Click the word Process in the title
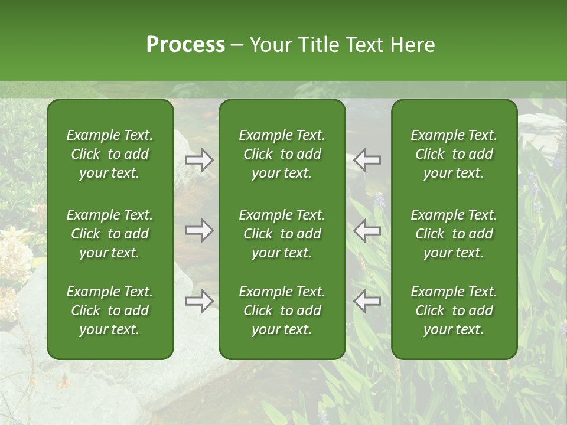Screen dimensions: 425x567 click(185, 45)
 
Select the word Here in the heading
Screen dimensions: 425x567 click(413, 45)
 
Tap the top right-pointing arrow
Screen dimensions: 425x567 click(200, 160)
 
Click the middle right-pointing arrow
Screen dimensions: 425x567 click(200, 230)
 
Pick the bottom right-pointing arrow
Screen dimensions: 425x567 click(200, 301)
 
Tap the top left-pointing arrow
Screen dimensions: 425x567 click(367, 160)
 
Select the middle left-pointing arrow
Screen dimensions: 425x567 click(367, 230)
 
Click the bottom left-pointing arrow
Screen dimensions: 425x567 click(367, 301)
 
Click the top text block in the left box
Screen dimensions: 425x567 click(110, 154)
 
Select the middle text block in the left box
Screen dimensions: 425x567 click(110, 234)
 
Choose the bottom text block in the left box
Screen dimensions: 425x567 click(110, 310)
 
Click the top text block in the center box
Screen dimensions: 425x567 click(282, 154)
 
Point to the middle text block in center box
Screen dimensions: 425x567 click(282, 234)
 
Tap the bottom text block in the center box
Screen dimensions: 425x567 click(282, 310)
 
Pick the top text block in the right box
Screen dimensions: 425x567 click(454, 154)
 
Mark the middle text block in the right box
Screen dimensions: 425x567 click(454, 234)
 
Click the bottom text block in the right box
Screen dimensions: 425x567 click(454, 310)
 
